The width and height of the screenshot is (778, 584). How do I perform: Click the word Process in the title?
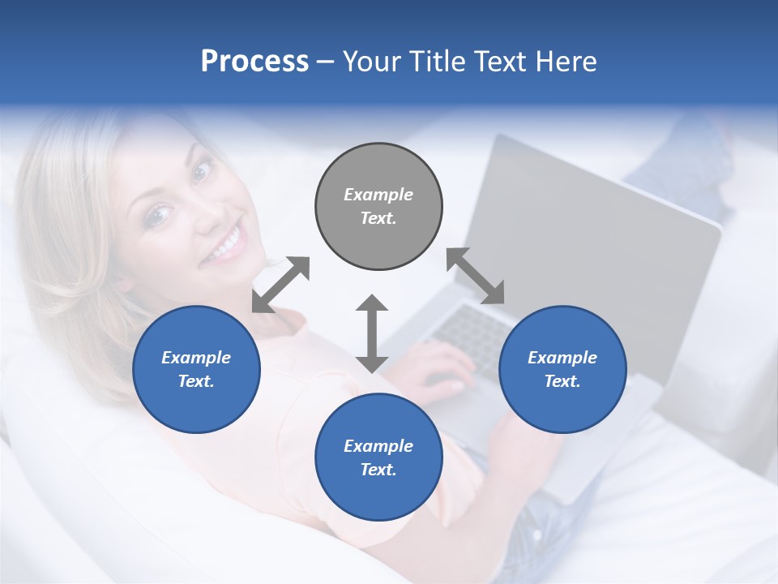coord(254,62)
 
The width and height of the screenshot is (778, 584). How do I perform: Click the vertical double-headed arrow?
coord(372,333)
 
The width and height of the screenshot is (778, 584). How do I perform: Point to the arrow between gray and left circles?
coord(280,285)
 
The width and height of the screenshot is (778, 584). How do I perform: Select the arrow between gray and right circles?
coord(475,276)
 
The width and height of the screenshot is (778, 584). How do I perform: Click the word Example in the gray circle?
coord(378,195)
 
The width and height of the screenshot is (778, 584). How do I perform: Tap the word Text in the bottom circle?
coord(376,470)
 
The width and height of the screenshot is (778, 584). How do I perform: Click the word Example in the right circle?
coord(562,358)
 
